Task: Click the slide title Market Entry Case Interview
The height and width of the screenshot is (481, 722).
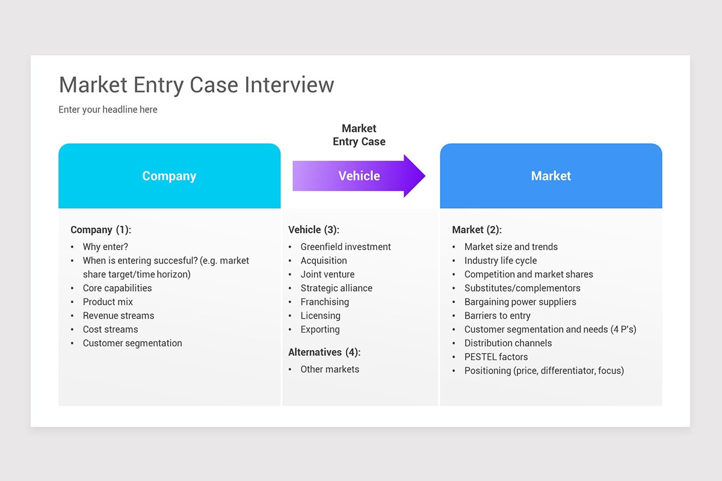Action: [x=196, y=85]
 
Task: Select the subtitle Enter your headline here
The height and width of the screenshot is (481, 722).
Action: [x=108, y=109]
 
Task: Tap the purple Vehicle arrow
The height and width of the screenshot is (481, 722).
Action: [x=359, y=176]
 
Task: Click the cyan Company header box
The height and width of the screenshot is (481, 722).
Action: [x=169, y=176]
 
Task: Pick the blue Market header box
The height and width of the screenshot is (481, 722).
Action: [x=551, y=176]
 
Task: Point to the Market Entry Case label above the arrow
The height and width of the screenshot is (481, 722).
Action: [x=359, y=135]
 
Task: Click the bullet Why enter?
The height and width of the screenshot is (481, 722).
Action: [x=105, y=247]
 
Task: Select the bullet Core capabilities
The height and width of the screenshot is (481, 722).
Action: [x=117, y=288]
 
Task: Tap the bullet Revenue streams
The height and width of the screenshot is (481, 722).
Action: [x=119, y=316]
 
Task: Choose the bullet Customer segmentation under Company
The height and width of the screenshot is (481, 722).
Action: [x=132, y=343]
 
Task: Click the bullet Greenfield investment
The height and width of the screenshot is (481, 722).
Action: [x=345, y=247]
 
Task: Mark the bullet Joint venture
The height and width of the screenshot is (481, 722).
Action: [x=327, y=274]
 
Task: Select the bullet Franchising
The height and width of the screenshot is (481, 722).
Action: [x=324, y=302]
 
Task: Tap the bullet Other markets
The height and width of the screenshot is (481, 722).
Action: [x=330, y=369]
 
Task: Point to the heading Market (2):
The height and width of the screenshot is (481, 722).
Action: [x=477, y=230]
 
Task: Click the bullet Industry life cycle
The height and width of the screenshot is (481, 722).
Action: [x=501, y=260]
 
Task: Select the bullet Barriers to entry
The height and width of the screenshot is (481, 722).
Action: [x=497, y=316]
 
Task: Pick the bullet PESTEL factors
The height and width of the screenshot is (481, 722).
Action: [x=496, y=357]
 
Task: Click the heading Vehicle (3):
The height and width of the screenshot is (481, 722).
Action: [x=313, y=230]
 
